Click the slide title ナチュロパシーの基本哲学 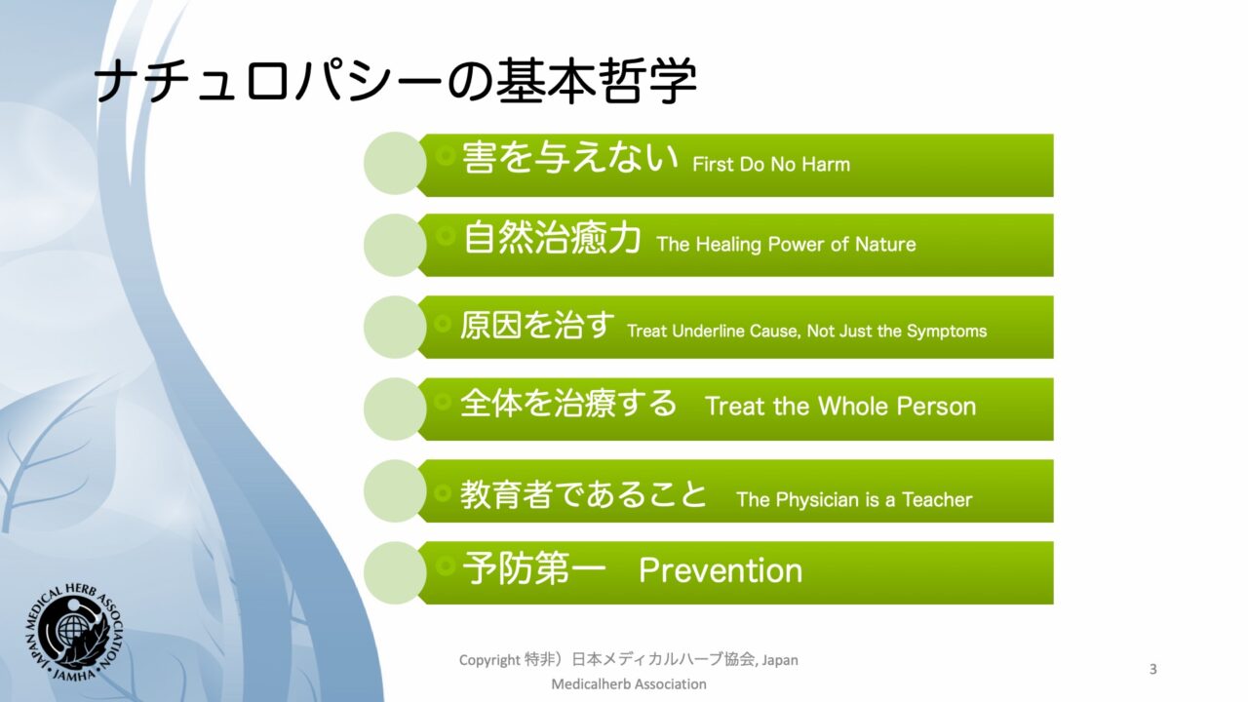396,82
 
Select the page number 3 1152,669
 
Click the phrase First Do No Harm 771,165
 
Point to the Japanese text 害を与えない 570,157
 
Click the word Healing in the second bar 728,245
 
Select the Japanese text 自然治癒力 552,237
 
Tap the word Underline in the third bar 708,331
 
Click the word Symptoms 947,331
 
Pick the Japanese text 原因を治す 537,325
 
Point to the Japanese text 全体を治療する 568,404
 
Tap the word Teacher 937,500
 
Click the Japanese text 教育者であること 583,493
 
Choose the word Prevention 721,570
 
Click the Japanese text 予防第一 533,568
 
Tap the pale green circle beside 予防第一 395,572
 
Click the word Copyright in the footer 489,660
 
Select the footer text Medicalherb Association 629,683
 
